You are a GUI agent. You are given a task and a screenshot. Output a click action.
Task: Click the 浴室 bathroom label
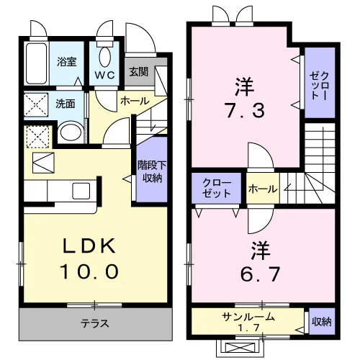[67, 62]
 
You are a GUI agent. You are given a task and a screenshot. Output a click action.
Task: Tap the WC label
[104, 75]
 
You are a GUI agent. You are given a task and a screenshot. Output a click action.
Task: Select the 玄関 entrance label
[139, 71]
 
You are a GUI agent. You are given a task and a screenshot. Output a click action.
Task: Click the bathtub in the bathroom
[36, 63]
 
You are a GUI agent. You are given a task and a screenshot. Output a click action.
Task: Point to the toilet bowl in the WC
[104, 57]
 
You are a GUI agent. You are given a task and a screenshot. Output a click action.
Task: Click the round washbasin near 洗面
[71, 132]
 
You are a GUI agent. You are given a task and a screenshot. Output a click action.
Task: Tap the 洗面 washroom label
[66, 104]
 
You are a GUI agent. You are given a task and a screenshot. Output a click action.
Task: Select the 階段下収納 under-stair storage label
[152, 171]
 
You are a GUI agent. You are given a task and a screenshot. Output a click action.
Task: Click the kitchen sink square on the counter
[81, 191]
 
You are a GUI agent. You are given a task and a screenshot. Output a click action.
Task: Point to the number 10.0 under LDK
[90, 271]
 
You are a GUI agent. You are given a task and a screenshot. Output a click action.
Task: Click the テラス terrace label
[95, 324]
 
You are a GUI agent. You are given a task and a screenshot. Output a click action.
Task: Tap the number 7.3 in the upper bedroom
[246, 110]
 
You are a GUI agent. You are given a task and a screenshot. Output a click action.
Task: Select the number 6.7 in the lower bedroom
[260, 274]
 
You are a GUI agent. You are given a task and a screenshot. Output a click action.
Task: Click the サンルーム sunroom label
[248, 317]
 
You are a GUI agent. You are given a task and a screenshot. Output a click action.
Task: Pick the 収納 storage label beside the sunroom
[322, 321]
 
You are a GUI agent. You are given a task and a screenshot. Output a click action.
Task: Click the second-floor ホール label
[263, 189]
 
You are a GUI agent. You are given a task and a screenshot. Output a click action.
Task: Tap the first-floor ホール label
[135, 101]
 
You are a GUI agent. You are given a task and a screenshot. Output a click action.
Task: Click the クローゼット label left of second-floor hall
[217, 189]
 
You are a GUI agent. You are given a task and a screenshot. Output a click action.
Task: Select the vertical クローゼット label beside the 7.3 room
[319, 86]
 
